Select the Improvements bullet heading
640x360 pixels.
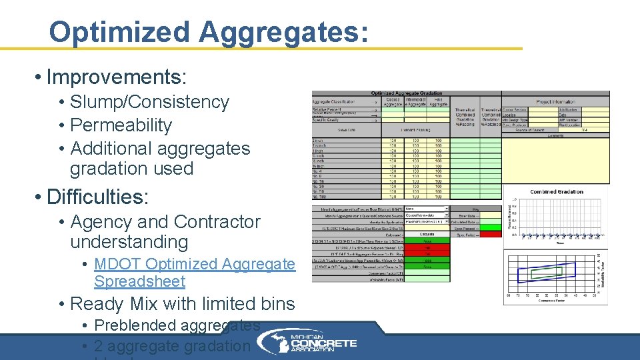(116, 77)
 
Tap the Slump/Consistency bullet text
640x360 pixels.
(149, 102)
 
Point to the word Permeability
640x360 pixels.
(121, 125)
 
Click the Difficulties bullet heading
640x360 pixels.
(98, 197)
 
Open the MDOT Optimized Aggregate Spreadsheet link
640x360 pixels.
(194, 273)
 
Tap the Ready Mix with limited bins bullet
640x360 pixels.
(182, 304)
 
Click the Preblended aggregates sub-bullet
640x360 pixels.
(177, 325)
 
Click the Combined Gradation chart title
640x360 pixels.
(556, 192)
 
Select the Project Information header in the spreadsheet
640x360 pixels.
(555, 102)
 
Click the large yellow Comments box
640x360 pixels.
(555, 160)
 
